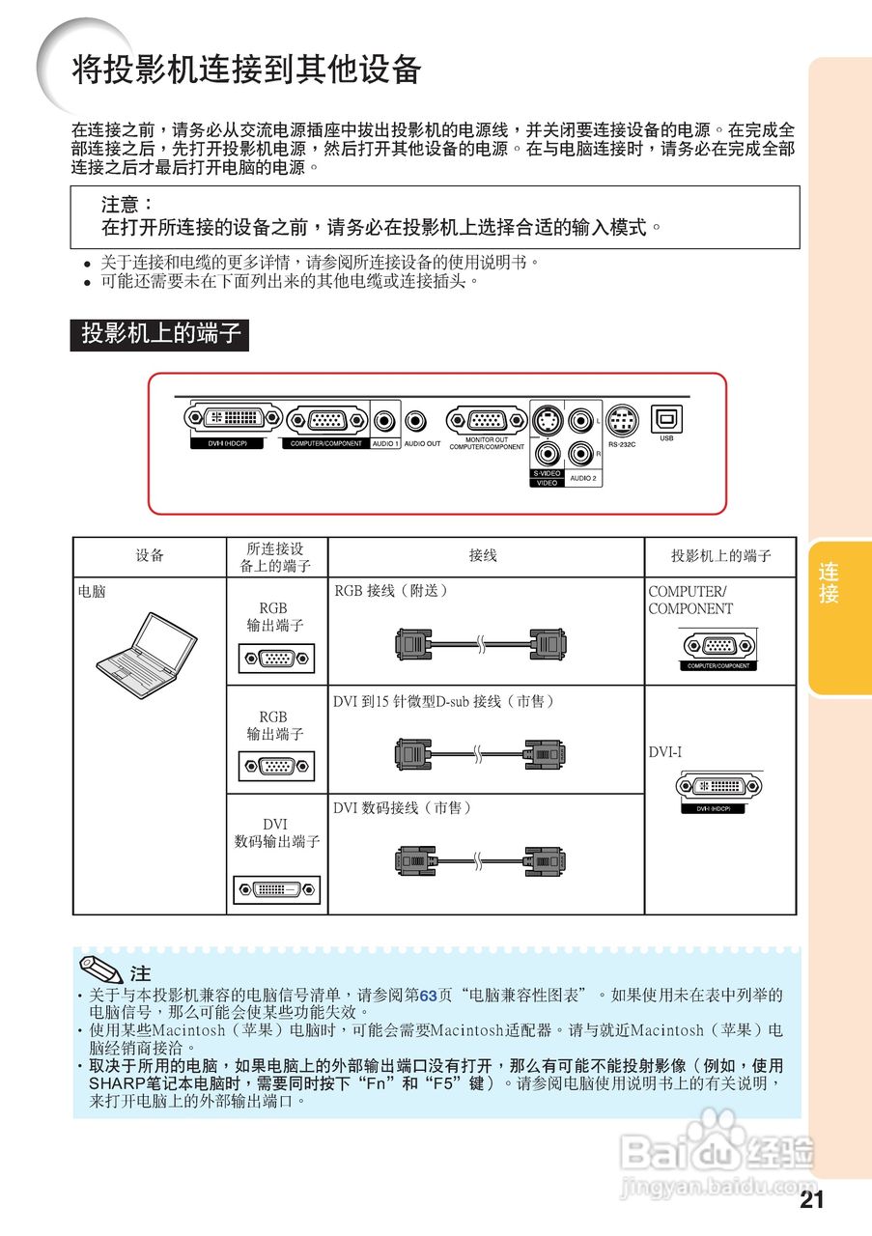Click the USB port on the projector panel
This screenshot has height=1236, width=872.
point(666,418)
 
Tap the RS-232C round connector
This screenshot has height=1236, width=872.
point(622,420)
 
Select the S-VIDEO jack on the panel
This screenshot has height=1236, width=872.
point(548,422)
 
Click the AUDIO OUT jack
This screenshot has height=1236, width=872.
point(417,421)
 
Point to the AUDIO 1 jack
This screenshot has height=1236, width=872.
point(385,421)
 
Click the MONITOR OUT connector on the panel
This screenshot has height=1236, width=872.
point(485,420)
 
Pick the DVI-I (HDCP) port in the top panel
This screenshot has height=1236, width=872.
point(234,418)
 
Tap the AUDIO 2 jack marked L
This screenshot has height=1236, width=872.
point(581,421)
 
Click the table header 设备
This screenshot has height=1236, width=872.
point(150,556)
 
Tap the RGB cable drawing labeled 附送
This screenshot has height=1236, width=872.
point(480,643)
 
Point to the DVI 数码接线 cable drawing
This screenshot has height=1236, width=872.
point(480,859)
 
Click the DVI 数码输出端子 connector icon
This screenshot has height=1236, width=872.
point(276,889)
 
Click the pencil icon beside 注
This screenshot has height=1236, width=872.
point(101,969)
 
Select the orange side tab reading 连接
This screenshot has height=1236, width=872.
point(829,582)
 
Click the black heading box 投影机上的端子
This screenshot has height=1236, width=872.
point(159,334)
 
